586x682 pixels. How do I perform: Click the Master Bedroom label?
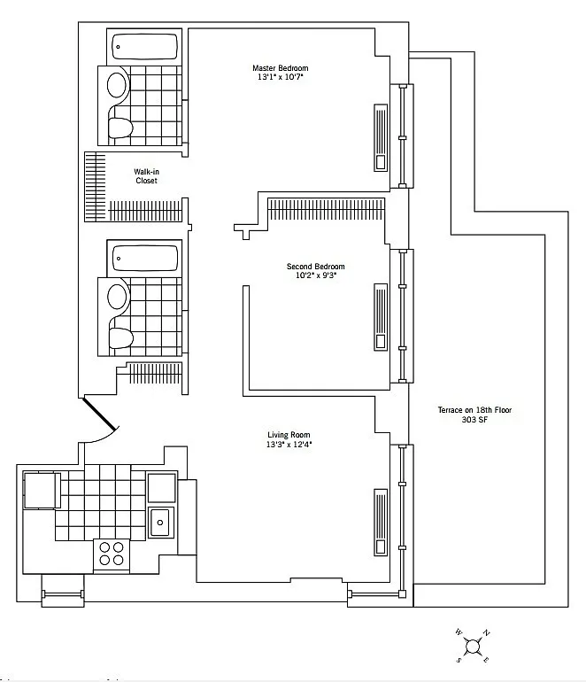click(281, 68)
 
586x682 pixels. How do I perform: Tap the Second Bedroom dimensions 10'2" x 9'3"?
click(316, 275)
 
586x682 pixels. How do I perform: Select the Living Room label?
click(289, 435)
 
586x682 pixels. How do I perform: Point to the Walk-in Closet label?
click(146, 176)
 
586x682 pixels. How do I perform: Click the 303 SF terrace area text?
click(474, 420)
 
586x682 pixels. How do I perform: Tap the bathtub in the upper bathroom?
click(145, 47)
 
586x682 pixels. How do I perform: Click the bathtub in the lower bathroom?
click(145, 258)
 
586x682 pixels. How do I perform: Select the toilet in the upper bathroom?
click(120, 128)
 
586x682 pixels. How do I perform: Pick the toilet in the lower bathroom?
click(120, 338)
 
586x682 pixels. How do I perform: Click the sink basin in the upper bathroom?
click(118, 85)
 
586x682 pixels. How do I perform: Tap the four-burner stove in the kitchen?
click(112, 554)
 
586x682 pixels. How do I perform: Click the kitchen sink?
click(161, 522)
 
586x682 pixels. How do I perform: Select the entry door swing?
click(99, 415)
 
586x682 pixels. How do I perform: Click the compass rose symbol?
click(472, 646)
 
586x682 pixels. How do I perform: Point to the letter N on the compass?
click(487, 633)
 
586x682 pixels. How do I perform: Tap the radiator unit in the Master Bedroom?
click(381, 137)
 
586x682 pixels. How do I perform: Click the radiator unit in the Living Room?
click(381, 522)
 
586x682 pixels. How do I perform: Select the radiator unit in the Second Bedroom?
click(381, 317)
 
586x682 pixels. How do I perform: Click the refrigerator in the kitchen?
click(42, 490)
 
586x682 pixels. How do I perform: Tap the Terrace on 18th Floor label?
click(474, 410)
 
